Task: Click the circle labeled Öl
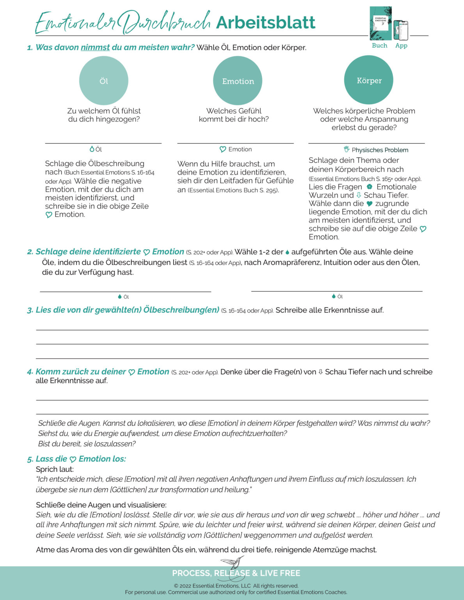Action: [103, 80]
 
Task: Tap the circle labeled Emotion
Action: [238, 80]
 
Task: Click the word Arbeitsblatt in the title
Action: [265, 22]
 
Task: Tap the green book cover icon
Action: [380, 23]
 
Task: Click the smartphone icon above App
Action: [401, 30]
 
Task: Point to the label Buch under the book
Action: [379, 45]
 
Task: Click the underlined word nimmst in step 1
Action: [95, 47]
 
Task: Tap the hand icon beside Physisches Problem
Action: [347, 149]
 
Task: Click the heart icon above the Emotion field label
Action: [223, 149]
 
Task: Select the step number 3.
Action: [30, 311]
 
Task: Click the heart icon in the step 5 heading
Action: [73, 459]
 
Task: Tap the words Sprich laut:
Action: [55, 469]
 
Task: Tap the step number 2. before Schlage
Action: [30, 252]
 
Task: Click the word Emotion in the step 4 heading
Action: [153, 371]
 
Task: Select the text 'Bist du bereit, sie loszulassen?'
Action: [87, 444]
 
